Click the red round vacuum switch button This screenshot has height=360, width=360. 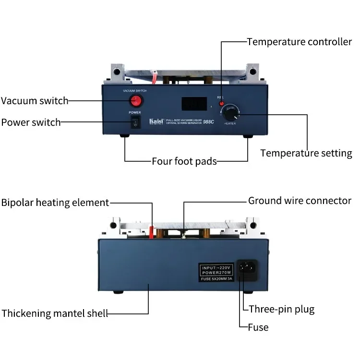(x=136, y=100)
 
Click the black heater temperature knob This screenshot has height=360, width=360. (x=229, y=115)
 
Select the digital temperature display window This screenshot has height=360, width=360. (x=193, y=104)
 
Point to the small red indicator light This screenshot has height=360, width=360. (x=221, y=103)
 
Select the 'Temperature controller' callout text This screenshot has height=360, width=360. (x=300, y=42)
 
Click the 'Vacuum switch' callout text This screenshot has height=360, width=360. (x=35, y=101)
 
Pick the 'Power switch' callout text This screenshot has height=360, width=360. (x=31, y=122)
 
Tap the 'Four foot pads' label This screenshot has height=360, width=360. (x=184, y=161)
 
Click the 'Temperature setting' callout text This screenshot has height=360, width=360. (x=306, y=153)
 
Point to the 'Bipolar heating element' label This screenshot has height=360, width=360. (x=55, y=203)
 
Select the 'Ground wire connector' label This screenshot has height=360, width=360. (x=300, y=201)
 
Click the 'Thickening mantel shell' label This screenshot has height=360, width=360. (x=54, y=313)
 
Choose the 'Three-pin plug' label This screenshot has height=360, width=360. (x=282, y=309)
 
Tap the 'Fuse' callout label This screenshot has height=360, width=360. (x=258, y=327)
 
